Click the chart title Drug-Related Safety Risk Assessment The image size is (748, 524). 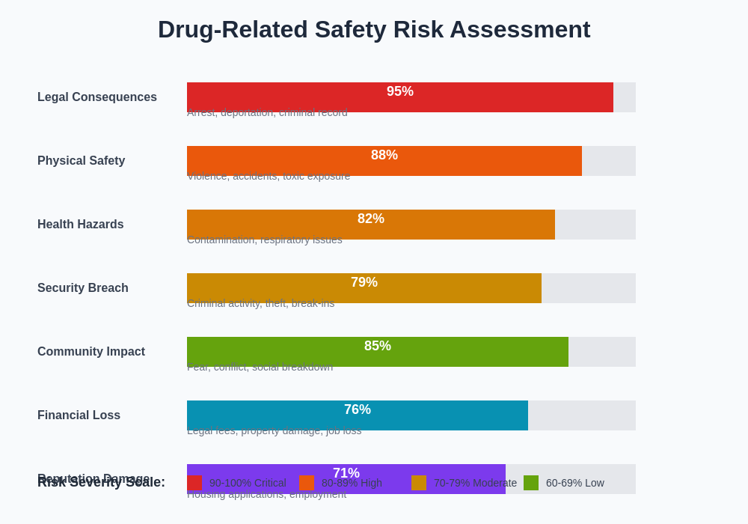coord(374,29)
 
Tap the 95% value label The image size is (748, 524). coord(400,91)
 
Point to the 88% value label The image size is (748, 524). coord(384,155)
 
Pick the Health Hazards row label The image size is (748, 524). coord(81,225)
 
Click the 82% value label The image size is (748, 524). coord(371,219)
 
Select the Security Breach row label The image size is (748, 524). coord(83,288)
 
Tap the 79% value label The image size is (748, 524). coord(364,282)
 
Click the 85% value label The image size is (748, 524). coord(378,346)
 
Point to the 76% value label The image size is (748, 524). coord(358,409)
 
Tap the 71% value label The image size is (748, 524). coord(346,473)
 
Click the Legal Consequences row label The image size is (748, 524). coord(97,97)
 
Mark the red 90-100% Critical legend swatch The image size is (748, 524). coord(194,483)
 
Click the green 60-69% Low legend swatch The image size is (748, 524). coord(531,483)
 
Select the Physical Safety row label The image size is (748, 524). coord(82,161)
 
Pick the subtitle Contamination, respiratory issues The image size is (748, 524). coord(265,240)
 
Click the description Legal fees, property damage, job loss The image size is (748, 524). coord(274,430)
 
